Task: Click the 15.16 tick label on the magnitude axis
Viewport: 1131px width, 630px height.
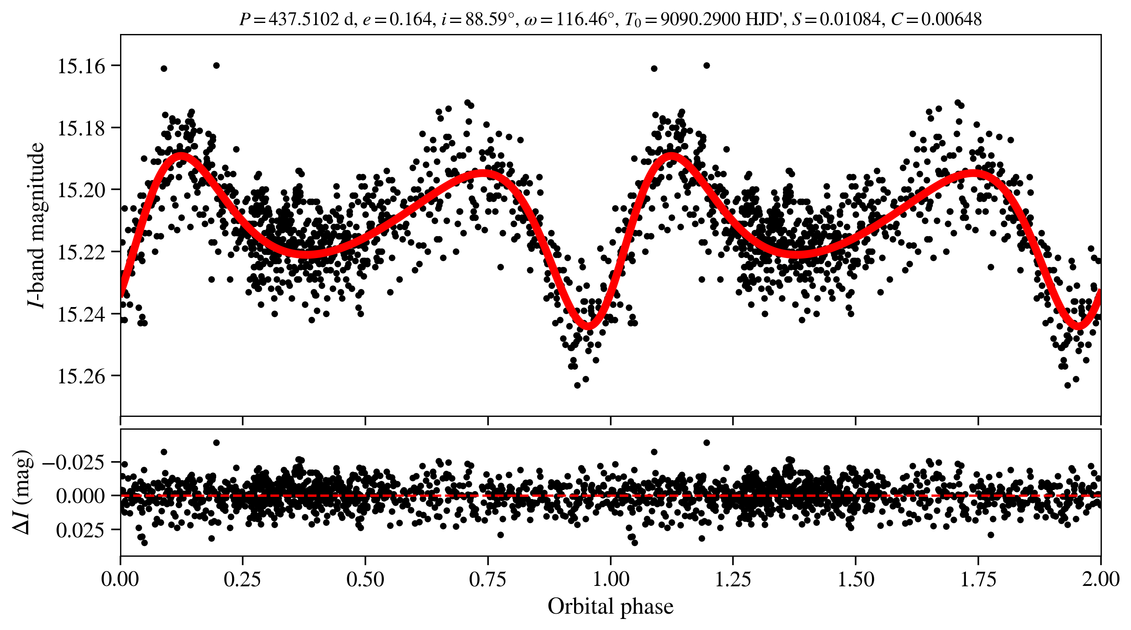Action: [82, 66]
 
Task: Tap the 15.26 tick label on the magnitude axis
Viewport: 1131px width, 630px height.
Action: [82, 376]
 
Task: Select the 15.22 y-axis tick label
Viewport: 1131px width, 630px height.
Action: [82, 252]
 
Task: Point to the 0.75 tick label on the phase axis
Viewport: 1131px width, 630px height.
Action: [488, 579]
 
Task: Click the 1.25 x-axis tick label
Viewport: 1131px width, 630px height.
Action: [733, 579]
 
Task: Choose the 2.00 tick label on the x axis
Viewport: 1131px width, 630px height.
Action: [1101, 579]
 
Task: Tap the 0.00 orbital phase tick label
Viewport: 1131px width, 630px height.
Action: [120, 579]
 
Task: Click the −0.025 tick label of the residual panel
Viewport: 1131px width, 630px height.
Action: [74, 463]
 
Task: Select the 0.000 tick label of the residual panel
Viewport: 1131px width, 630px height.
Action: [80, 496]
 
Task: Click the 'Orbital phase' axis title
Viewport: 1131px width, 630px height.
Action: [610, 607]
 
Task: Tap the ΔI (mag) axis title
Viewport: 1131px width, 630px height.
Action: [22, 492]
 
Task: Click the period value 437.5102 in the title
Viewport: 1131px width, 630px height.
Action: [304, 19]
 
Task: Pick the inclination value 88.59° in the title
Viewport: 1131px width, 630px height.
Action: [490, 19]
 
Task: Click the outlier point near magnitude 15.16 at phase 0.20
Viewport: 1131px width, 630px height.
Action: [216, 65]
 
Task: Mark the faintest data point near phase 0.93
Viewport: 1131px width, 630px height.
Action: [577, 385]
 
